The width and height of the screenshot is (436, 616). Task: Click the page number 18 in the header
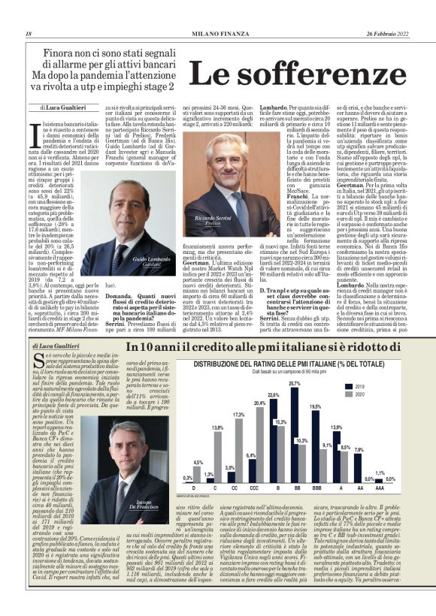point(28,34)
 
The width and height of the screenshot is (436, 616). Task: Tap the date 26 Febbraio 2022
point(389,34)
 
